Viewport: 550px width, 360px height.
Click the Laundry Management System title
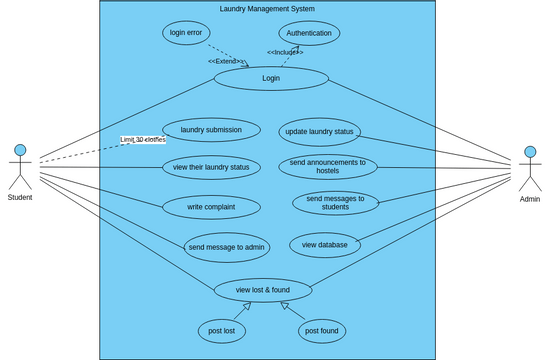pyautogui.click(x=267, y=9)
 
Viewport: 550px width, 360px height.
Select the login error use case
pyautogui.click(x=186, y=33)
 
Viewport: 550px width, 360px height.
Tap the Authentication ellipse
pyautogui.click(x=309, y=33)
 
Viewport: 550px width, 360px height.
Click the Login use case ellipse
pyautogui.click(x=271, y=78)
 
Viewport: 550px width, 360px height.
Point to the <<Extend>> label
pyautogui.click(x=226, y=62)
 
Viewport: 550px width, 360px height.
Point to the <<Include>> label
pyautogui.click(x=284, y=52)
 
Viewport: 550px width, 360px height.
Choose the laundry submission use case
pyautogui.click(x=211, y=130)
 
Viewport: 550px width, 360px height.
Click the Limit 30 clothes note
pyautogui.click(x=143, y=140)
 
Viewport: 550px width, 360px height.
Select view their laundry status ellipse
pyautogui.click(x=211, y=166)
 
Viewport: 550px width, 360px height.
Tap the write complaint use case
pyautogui.click(x=211, y=207)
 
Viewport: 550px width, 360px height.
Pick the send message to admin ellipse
pyautogui.click(x=226, y=246)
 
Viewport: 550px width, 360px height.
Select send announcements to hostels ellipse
pyautogui.click(x=327, y=167)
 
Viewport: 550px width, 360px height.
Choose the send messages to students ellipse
pyautogui.click(x=336, y=204)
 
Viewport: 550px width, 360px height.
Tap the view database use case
pyautogui.click(x=325, y=244)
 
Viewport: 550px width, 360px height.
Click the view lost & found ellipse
pyautogui.click(x=263, y=290)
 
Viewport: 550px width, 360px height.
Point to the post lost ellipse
pyautogui.click(x=223, y=330)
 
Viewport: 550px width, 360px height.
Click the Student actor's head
pyautogui.click(x=20, y=151)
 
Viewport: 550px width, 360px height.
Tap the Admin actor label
pyautogui.click(x=530, y=199)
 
